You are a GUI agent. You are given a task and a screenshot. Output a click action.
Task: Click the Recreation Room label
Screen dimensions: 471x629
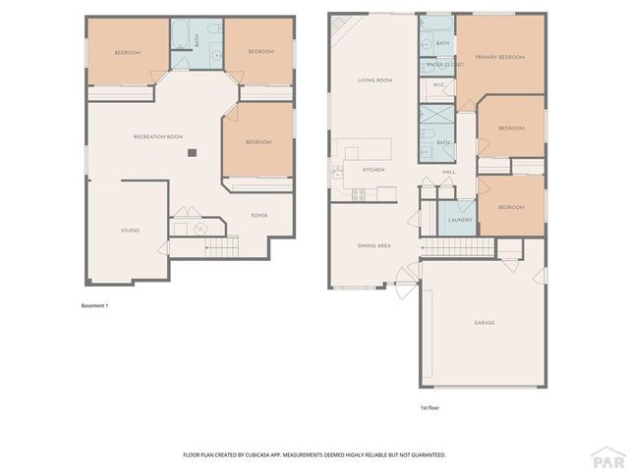[x=158, y=136]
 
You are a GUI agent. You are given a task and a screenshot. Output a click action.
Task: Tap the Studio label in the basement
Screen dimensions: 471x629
[x=130, y=231]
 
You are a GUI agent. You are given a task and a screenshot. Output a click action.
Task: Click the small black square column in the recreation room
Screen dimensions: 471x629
[x=193, y=152]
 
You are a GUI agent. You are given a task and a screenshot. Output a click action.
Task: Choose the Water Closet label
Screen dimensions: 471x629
[x=437, y=65]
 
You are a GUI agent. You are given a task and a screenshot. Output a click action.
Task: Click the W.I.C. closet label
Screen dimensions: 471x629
[x=437, y=88]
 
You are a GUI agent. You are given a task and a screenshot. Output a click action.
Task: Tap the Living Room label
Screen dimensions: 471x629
[x=374, y=79]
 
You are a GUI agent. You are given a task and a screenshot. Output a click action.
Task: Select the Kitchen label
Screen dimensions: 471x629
[x=373, y=170]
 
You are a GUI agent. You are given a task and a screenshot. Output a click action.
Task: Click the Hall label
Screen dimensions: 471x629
[x=449, y=172]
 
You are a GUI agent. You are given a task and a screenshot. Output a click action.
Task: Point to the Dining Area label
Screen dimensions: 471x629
[x=374, y=244]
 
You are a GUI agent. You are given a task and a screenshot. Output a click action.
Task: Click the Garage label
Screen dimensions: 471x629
[x=484, y=322]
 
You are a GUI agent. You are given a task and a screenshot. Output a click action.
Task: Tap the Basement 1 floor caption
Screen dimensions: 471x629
[x=94, y=306]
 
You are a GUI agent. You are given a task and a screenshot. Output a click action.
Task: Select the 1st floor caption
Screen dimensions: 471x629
[x=429, y=406]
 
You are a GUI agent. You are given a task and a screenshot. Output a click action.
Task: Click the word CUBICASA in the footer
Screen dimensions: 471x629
[x=263, y=455]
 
